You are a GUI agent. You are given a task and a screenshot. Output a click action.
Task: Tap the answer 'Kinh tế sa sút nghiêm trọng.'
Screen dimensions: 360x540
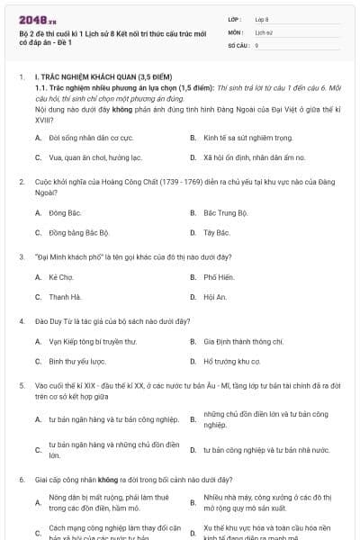235,138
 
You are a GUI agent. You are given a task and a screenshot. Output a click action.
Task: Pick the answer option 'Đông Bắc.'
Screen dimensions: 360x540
65,213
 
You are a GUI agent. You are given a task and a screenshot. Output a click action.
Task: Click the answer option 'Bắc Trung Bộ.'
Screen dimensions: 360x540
225,213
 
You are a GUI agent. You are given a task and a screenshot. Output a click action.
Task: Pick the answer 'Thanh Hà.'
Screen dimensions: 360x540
65,296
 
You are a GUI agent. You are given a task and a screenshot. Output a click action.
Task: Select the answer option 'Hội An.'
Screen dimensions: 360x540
216,296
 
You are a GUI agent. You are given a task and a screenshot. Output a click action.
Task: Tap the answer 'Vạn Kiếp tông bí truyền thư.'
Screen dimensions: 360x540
93,341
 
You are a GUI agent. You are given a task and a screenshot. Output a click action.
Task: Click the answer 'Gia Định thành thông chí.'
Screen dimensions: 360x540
243,341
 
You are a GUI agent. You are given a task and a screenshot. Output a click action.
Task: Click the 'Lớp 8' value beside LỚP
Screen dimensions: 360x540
262,18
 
